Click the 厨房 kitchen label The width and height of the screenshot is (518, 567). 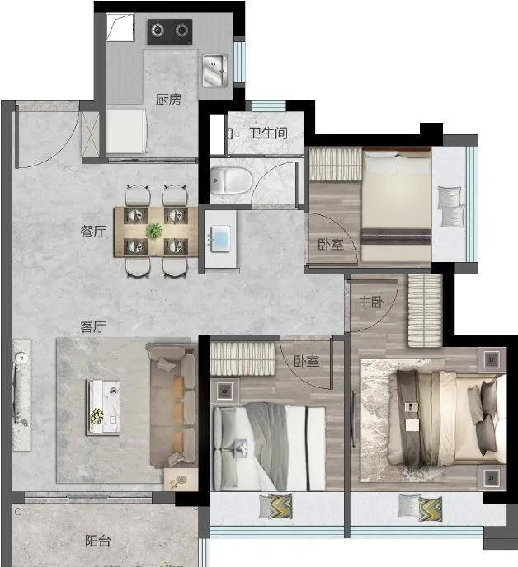click(168, 100)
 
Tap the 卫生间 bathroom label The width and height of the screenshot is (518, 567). click(268, 134)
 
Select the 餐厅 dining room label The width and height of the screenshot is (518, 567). click(93, 231)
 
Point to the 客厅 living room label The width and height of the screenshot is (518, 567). click(93, 326)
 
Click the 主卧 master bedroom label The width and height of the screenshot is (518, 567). click(371, 302)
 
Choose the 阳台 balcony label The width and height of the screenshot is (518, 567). click(97, 541)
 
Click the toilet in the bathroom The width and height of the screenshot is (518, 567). click(231, 180)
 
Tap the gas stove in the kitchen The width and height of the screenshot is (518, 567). click(170, 32)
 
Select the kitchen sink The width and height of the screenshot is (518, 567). click(214, 71)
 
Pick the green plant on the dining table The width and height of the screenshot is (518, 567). click(154, 231)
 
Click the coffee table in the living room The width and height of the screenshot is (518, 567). click(104, 407)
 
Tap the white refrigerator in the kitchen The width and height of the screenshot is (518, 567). click(126, 131)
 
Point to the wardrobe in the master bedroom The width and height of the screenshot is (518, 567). click(425, 311)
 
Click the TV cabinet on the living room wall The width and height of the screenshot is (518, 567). click(21, 395)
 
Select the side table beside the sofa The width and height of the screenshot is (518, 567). click(181, 480)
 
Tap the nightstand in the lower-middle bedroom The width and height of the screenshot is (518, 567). click(225, 391)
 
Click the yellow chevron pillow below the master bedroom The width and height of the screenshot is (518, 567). click(431, 508)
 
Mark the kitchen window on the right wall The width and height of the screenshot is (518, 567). click(239, 62)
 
